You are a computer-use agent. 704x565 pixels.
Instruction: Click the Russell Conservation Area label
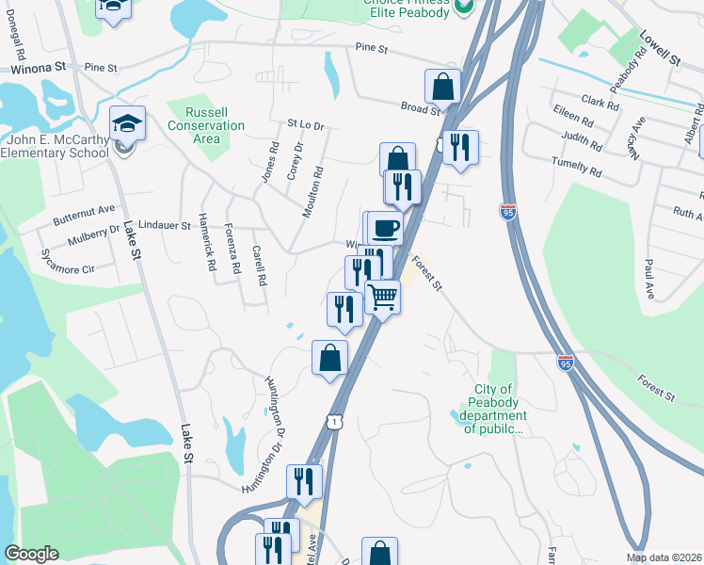(205, 125)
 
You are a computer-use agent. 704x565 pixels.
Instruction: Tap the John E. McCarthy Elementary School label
(56, 147)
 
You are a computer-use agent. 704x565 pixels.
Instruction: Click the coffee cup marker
(384, 229)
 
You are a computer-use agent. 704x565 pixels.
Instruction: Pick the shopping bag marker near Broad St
(442, 88)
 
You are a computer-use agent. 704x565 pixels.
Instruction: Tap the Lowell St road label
(660, 46)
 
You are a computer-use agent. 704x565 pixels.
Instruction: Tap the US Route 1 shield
(333, 420)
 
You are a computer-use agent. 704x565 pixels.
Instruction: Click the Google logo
(31, 554)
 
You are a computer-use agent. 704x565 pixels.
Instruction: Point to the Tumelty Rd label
(577, 169)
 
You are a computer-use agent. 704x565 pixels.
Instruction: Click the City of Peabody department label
(491, 409)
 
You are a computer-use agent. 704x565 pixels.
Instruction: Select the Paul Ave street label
(648, 280)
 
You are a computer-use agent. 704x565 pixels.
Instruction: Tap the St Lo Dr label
(305, 124)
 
